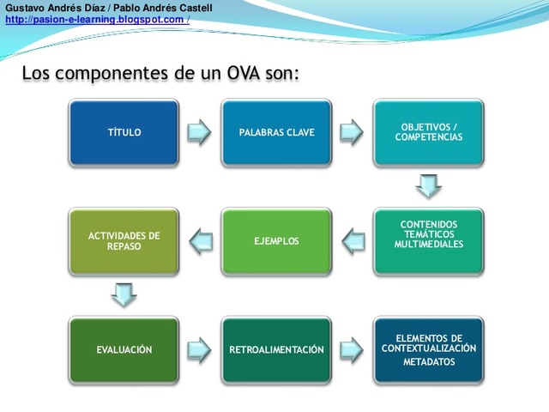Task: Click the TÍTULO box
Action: [x=124, y=132]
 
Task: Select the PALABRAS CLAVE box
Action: [x=276, y=132]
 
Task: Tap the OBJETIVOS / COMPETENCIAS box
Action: [x=428, y=132]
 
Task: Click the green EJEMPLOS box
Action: [x=276, y=241]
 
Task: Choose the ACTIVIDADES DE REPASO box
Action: [x=124, y=241]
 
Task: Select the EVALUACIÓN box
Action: [x=124, y=349]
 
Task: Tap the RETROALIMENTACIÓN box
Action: [x=276, y=349]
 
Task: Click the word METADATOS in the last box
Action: [x=429, y=362]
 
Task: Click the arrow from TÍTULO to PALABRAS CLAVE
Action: [x=200, y=132]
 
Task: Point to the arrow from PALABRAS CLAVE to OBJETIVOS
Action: [x=352, y=132]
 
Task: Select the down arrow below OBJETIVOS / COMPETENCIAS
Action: [x=428, y=186]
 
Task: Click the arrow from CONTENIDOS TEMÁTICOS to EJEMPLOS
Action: [x=353, y=241]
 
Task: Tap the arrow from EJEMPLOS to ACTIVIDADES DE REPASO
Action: [x=200, y=241]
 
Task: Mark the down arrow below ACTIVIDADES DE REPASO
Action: [x=124, y=295]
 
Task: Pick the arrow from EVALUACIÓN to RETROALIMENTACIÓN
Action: [x=200, y=349]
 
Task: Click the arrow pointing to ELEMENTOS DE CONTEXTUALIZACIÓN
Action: [x=352, y=349]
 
